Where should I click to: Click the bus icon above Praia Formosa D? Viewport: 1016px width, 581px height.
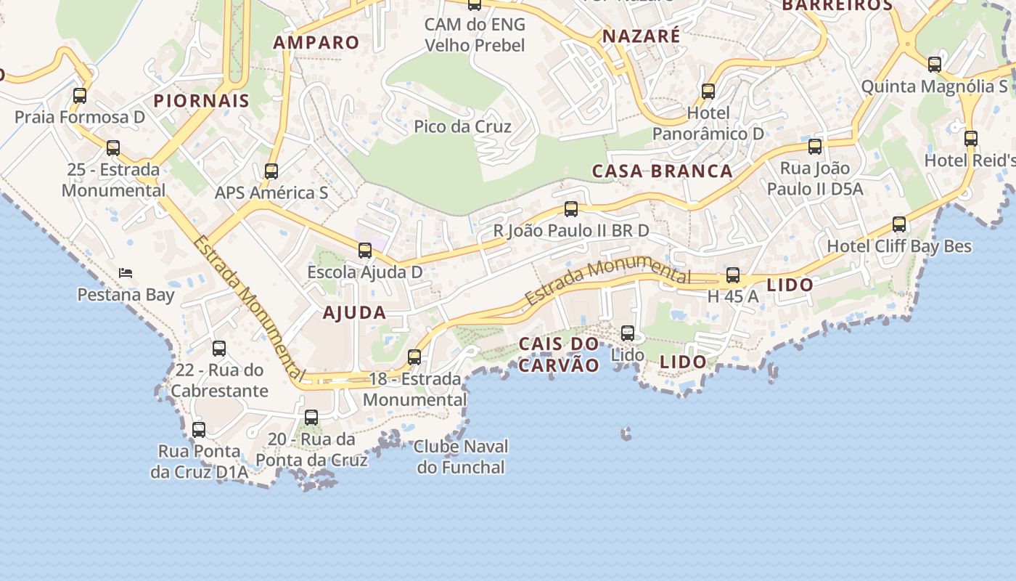tap(80, 95)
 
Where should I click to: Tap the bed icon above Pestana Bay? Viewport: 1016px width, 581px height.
tap(126, 273)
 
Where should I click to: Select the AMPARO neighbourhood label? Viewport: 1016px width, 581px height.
tap(316, 42)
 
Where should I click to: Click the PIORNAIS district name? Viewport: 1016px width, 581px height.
tap(202, 100)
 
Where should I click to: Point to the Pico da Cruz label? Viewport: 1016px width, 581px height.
tap(462, 126)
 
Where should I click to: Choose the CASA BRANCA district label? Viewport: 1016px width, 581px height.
tap(663, 171)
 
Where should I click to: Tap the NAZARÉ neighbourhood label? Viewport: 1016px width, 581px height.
tap(642, 36)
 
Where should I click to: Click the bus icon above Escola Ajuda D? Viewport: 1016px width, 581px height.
tap(365, 251)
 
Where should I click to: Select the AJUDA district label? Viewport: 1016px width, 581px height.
tap(354, 313)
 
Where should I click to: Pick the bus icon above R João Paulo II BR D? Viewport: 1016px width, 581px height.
tap(571, 209)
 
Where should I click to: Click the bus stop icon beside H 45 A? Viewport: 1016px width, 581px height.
tap(733, 275)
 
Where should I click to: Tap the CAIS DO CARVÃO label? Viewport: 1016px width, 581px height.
tap(560, 354)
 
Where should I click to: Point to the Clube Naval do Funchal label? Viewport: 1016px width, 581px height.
tap(461, 456)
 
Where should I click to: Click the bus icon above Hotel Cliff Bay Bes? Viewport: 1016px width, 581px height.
tap(899, 224)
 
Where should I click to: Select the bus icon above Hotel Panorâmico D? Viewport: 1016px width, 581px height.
tap(708, 92)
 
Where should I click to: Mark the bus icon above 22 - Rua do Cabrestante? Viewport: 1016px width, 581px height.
tap(219, 349)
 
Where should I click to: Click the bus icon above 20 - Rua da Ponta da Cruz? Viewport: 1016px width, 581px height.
tap(311, 418)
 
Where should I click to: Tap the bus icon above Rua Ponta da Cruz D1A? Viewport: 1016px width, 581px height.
tap(199, 429)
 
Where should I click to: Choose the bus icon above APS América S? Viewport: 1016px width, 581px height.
tap(271, 171)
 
